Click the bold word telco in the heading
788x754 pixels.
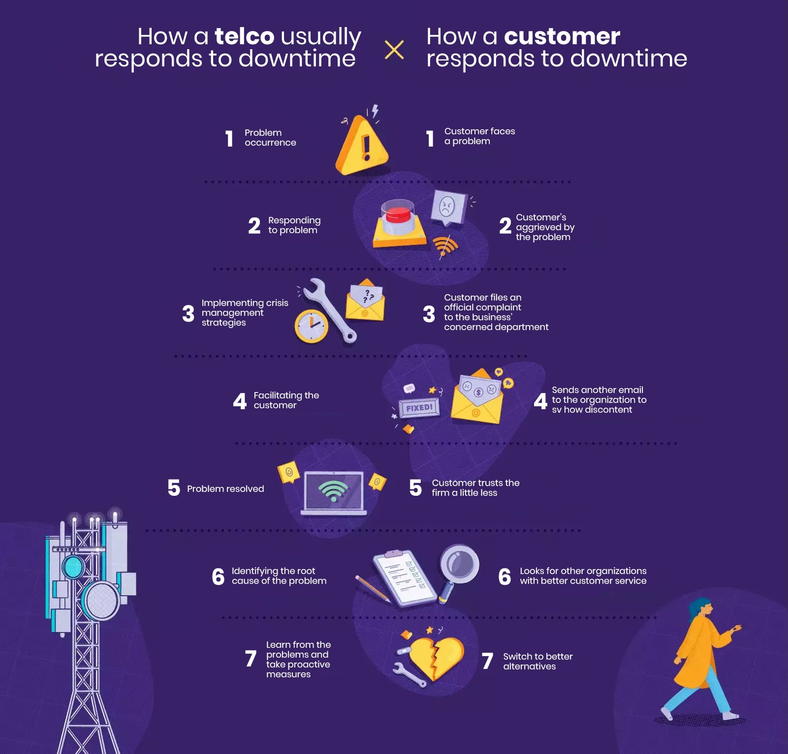244,36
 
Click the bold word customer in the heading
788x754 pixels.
562,36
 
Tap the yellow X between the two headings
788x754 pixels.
394,50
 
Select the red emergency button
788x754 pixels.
398,215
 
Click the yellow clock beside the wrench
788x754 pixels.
311,326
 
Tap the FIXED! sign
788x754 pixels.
419,408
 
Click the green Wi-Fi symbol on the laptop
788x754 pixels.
333,490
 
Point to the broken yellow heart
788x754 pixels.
436,656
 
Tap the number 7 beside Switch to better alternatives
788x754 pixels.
487,661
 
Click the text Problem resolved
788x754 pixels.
225,489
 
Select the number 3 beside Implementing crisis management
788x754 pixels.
188,313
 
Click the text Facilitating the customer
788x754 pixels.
286,400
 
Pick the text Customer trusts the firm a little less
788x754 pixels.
475,488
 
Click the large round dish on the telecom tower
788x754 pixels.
101,601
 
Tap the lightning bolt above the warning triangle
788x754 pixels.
375,111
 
